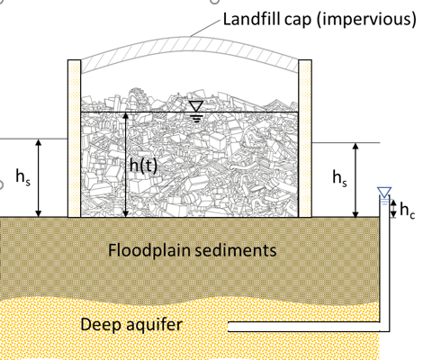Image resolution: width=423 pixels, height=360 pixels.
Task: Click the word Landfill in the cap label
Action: (x=252, y=19)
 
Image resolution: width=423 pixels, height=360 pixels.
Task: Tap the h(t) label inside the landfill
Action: (x=143, y=166)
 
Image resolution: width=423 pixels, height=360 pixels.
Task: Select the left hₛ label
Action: (x=22, y=177)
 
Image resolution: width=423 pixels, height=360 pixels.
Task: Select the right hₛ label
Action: (x=339, y=177)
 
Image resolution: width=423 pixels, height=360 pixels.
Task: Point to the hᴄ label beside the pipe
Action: (x=408, y=210)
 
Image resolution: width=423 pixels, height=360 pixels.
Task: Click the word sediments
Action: (x=236, y=250)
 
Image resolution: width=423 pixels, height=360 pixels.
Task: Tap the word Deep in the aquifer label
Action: (x=101, y=325)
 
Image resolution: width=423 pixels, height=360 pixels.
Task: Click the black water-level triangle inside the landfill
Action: (x=196, y=106)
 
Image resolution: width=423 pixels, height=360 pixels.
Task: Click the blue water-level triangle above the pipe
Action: (x=384, y=193)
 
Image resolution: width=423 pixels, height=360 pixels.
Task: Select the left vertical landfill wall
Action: (x=74, y=139)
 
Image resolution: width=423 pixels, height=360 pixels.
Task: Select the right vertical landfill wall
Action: (x=305, y=139)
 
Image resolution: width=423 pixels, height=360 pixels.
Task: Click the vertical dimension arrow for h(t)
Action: (x=126, y=165)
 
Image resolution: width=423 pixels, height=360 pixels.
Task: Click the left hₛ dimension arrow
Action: (x=39, y=178)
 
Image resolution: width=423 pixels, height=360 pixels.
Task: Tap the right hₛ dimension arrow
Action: (x=355, y=180)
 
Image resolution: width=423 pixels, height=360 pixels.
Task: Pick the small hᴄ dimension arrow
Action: (x=393, y=209)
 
